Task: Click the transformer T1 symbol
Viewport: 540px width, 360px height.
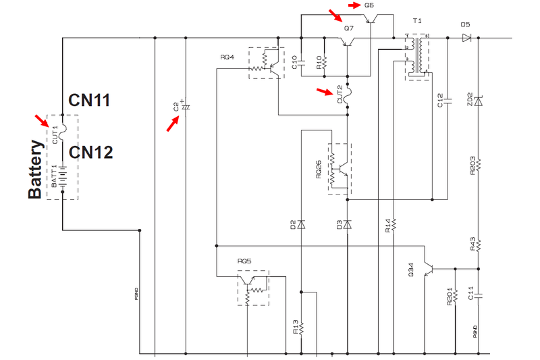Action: coord(417,56)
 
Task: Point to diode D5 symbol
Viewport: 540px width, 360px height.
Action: coord(466,38)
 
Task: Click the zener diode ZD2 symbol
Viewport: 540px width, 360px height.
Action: coord(478,101)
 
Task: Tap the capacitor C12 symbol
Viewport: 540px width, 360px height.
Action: coord(446,101)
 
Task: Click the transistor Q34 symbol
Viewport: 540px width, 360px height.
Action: coord(428,269)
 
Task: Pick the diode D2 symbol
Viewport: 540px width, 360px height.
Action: coord(301,223)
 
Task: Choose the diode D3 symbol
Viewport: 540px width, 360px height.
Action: coord(347,223)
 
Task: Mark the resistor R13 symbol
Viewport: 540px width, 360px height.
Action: coord(301,328)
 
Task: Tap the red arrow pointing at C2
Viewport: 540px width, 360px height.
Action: coord(174,123)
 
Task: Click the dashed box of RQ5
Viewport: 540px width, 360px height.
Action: coord(253,288)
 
